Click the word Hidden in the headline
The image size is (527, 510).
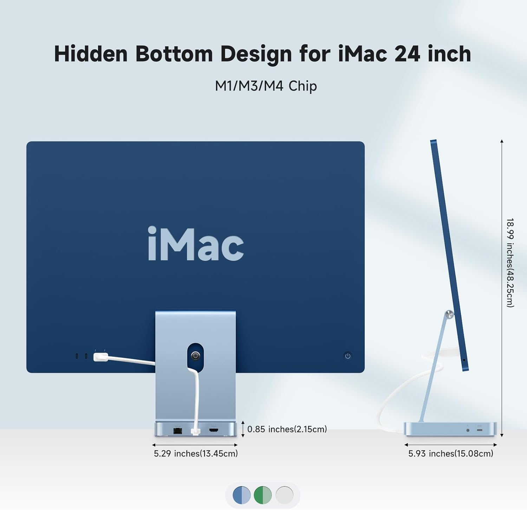[x=91, y=54]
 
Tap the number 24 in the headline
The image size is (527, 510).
[x=407, y=54]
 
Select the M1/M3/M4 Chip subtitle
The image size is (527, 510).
[x=266, y=86]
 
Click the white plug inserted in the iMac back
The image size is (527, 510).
[x=100, y=357]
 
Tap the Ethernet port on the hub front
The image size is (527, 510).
[x=178, y=430]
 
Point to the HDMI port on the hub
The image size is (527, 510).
[x=214, y=430]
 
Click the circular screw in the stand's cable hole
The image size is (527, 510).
[x=195, y=356]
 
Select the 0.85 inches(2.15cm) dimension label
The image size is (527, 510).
[x=287, y=429]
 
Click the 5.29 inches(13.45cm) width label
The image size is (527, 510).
[x=196, y=453]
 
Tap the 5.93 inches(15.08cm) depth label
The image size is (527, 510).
[x=450, y=453]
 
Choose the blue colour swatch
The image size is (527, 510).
[x=242, y=495]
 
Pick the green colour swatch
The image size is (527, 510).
[x=263, y=495]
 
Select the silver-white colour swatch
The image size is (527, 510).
[x=284, y=495]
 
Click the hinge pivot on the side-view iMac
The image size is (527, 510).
[x=449, y=314]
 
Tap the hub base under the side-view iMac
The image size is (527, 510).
[x=450, y=429]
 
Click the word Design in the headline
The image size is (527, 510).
[x=256, y=54]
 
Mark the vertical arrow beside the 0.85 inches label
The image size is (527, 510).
[x=243, y=429]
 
